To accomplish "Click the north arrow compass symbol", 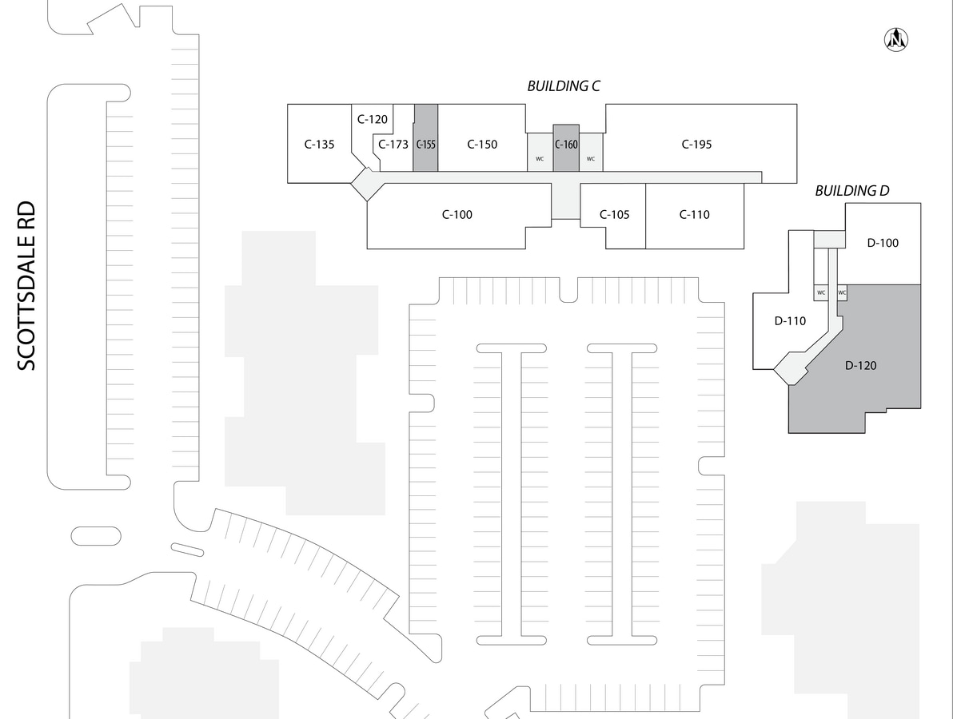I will (897, 38).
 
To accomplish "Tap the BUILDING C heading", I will (563, 86).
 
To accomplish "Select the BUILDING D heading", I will (851, 191).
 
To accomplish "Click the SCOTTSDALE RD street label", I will (27, 285).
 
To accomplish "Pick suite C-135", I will (319, 145).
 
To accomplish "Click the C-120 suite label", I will (372, 120).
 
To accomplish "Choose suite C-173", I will (393, 145).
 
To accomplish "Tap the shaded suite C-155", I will (425, 145).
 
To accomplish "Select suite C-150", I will (482, 145).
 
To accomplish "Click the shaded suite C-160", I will (565, 145).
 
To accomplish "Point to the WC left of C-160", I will (540, 158).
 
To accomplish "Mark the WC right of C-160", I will (591, 158).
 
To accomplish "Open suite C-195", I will (696, 145).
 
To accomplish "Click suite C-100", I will (457, 214).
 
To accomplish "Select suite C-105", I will (615, 214).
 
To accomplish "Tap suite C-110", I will (694, 214).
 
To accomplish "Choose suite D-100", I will (883, 243).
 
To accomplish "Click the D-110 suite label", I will (790, 321).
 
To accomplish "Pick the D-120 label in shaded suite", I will (861, 366).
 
